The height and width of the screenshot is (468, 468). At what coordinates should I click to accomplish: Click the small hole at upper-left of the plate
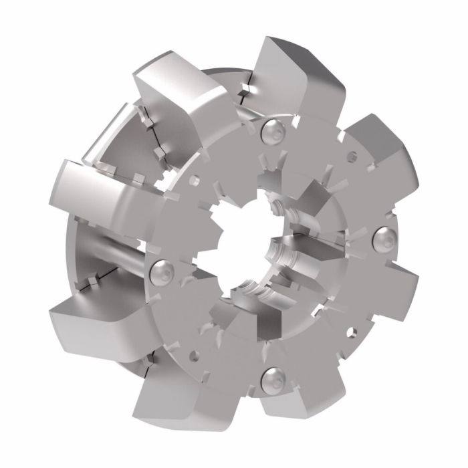[x=194, y=179]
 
